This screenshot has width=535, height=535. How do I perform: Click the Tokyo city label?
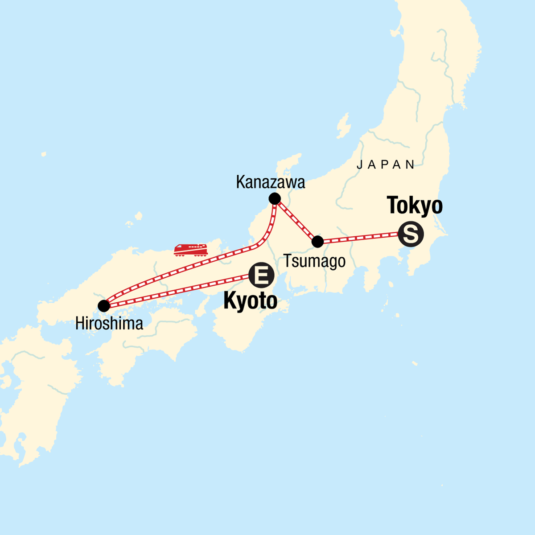pyautogui.click(x=415, y=206)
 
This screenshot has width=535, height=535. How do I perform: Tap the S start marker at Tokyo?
pyautogui.click(x=410, y=234)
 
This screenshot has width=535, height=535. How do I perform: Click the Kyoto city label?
pyautogui.click(x=250, y=301)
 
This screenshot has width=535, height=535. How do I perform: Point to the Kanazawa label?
pyautogui.click(x=271, y=182)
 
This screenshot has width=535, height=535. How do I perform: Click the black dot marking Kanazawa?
pyautogui.click(x=275, y=198)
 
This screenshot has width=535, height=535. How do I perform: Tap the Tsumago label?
pyautogui.click(x=314, y=261)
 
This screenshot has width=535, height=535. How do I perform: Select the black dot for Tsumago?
pyautogui.click(x=317, y=242)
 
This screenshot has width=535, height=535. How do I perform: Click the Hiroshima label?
pyautogui.click(x=109, y=324)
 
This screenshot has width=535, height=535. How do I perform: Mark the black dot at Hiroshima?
pyautogui.click(x=104, y=306)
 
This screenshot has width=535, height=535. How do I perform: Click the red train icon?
pyautogui.click(x=191, y=250)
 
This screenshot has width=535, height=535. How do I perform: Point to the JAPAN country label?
pyautogui.click(x=386, y=165)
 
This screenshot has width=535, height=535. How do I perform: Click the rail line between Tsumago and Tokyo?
pyautogui.click(x=359, y=238)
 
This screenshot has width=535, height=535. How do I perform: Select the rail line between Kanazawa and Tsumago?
pyautogui.click(x=296, y=220)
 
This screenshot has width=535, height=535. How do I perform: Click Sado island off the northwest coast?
pyautogui.click(x=343, y=126)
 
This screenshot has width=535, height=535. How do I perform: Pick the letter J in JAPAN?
pyautogui.click(x=359, y=165)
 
